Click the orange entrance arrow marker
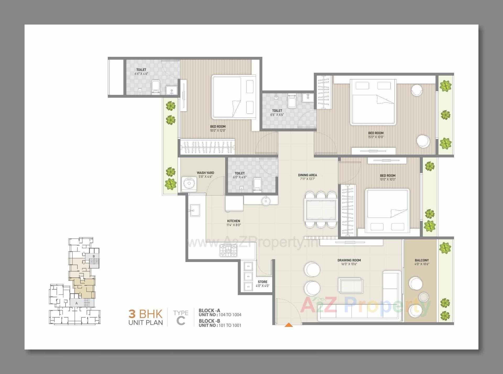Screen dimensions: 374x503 tap(288, 325)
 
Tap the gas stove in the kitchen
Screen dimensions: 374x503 tap(228, 250)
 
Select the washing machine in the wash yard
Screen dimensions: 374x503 tap(189, 184)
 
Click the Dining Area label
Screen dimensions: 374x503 tap(307, 175)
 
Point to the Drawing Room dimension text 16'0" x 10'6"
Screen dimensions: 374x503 tap(349, 264)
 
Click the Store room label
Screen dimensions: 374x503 tap(263, 282)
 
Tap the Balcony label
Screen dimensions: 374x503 tap(422, 260)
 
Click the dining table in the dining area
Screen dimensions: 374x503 tap(321, 210)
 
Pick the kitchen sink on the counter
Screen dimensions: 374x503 tap(195, 210)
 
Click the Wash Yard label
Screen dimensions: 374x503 tap(205, 173)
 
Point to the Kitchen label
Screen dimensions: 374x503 tap(233, 221)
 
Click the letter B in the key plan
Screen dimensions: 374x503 tap(94, 256)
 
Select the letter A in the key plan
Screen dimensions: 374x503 tap(76, 303)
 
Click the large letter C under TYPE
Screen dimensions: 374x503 tap(181, 321)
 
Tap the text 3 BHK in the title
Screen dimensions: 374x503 tap(145, 314)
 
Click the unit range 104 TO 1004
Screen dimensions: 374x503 tap(230, 315)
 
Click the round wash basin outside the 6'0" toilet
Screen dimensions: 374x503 tap(266, 201)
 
